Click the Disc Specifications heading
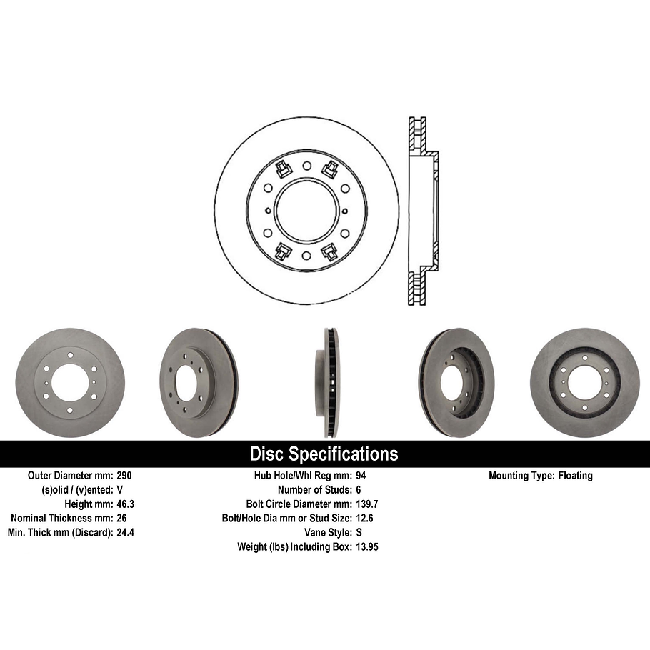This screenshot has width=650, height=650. click(324, 454)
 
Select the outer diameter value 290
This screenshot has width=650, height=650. click(124, 476)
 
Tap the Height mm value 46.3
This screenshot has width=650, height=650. click(126, 504)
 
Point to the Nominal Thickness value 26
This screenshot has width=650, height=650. click(121, 518)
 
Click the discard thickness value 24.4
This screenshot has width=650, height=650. click(126, 532)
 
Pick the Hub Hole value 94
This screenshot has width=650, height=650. click(361, 476)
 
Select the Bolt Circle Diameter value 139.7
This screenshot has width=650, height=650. click(367, 504)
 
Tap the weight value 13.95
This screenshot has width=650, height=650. click(367, 546)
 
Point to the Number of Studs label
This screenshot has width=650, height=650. click(313, 490)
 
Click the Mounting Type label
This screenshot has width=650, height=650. click(520, 476)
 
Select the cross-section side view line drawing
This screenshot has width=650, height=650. click(421, 211)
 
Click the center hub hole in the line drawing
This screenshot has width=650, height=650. click(306, 211)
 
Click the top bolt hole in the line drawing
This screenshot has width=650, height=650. click(306, 166)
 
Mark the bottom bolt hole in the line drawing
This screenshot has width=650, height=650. click(306, 256)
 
